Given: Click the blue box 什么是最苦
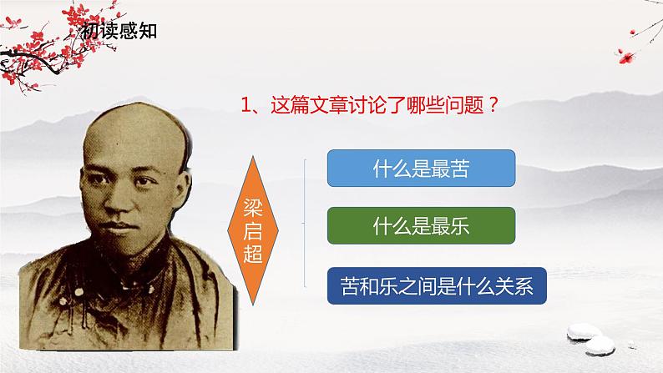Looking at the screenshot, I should point(420,168).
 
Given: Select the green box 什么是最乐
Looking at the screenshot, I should point(420,224).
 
